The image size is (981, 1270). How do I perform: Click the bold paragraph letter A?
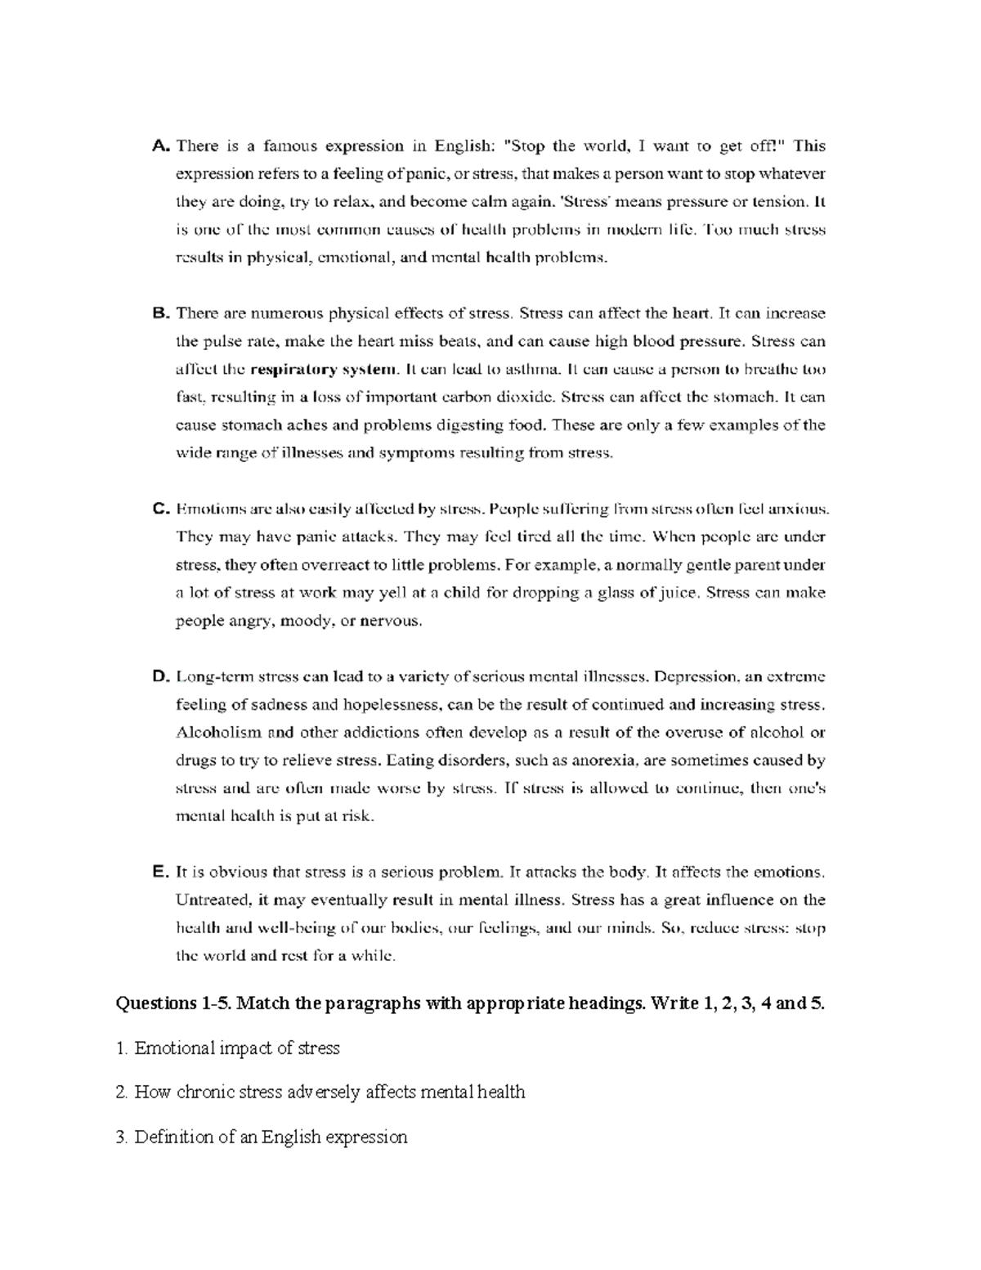pyautogui.click(x=160, y=146)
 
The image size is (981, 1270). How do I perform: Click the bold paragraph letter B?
pyautogui.click(x=160, y=313)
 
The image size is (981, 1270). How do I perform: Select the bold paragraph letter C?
pyautogui.click(x=160, y=509)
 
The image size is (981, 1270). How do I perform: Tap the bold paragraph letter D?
pyautogui.click(x=160, y=677)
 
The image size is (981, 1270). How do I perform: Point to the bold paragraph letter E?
pyautogui.click(x=160, y=873)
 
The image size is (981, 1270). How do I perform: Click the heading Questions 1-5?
pyautogui.click(x=172, y=1003)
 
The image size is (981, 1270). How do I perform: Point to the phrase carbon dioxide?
pyautogui.click(x=501, y=397)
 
